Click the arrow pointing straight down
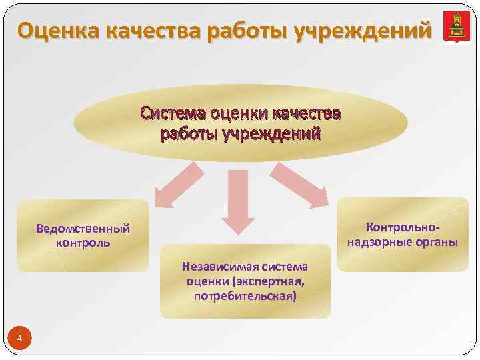(237, 200)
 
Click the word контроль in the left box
(83, 242)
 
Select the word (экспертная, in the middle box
(269, 281)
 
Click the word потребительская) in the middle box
(245, 295)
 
